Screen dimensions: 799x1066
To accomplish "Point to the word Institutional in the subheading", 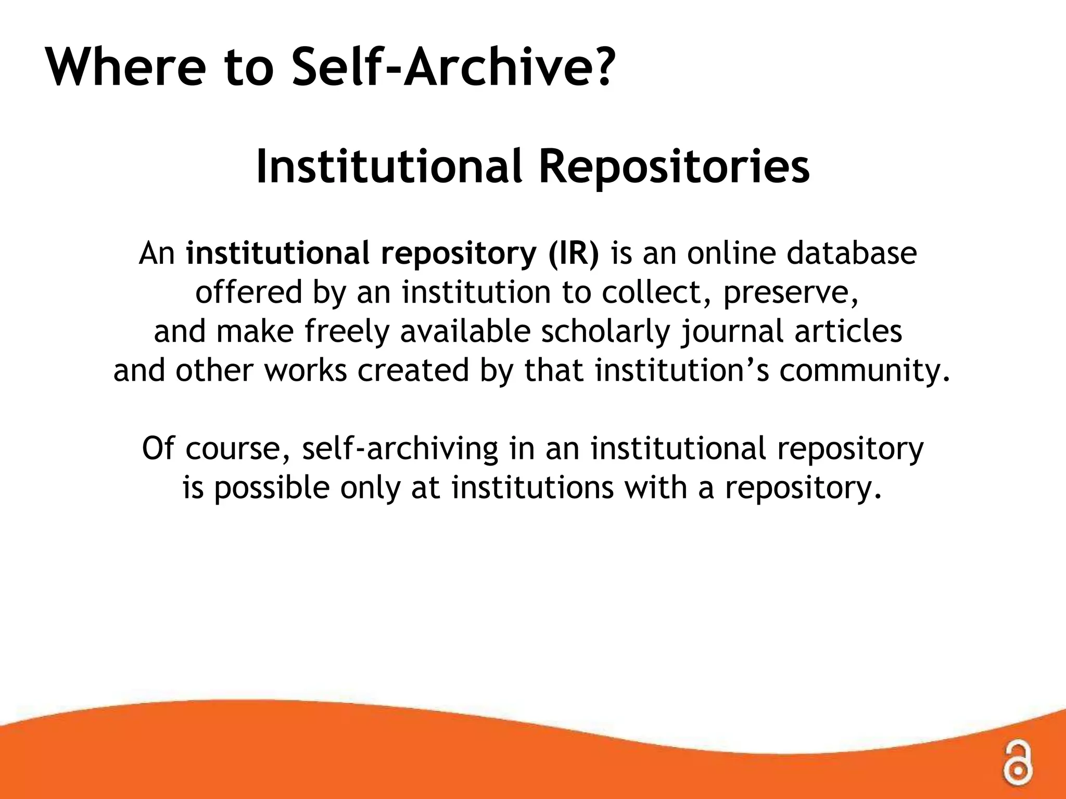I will [388, 166].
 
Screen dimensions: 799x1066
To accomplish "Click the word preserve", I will [790, 293].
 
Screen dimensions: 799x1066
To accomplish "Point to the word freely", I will [347, 332].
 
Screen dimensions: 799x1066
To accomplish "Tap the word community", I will [864, 371].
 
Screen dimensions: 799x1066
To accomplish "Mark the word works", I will [306, 370].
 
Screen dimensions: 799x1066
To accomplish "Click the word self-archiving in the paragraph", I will [400, 449].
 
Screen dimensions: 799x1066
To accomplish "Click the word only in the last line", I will [370, 489].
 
